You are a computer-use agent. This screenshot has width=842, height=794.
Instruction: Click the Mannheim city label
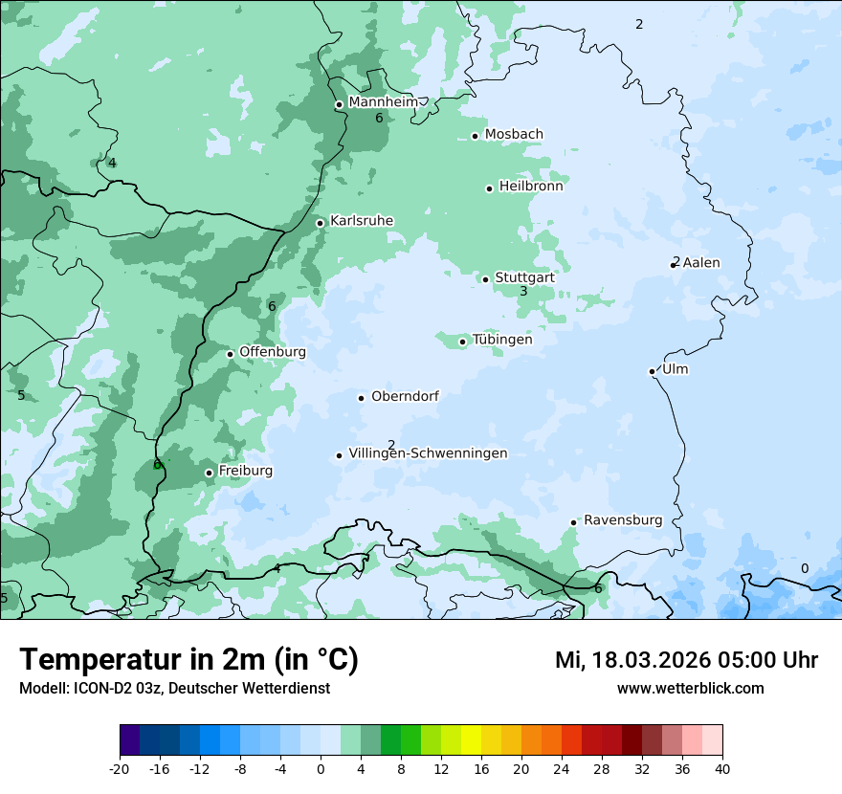click(x=383, y=102)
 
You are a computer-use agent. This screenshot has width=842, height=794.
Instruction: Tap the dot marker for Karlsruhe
click(x=321, y=223)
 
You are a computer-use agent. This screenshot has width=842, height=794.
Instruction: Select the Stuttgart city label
click(x=524, y=277)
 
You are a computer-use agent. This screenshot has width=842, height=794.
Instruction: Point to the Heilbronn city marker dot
click(x=489, y=188)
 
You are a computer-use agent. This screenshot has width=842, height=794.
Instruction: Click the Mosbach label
click(x=514, y=135)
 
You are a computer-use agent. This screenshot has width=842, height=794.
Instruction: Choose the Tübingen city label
click(x=502, y=340)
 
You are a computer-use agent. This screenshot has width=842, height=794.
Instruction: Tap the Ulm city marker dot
click(x=652, y=371)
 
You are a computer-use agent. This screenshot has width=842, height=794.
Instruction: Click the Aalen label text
click(x=701, y=263)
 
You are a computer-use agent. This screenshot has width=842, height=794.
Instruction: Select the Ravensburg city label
click(x=623, y=520)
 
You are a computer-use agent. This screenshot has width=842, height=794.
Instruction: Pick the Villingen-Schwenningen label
click(x=428, y=453)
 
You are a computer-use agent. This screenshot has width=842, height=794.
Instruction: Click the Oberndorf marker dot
click(x=361, y=398)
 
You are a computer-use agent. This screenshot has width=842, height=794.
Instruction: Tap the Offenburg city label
click(x=273, y=352)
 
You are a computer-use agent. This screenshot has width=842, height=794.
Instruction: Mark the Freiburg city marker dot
click(x=209, y=473)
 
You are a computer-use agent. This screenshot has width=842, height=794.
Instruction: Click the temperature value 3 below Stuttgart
click(x=523, y=291)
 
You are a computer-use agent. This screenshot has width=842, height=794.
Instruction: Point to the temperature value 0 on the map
click(x=804, y=568)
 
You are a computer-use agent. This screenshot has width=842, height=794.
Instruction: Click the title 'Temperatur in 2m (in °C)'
click(x=189, y=660)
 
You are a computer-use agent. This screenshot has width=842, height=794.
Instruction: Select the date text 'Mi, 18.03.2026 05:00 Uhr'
click(x=686, y=660)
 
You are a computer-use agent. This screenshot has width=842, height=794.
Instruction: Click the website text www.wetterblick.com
click(x=690, y=689)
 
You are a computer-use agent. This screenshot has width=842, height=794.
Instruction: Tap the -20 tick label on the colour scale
click(x=120, y=769)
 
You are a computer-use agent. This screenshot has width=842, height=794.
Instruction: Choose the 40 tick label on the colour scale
click(x=722, y=769)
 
